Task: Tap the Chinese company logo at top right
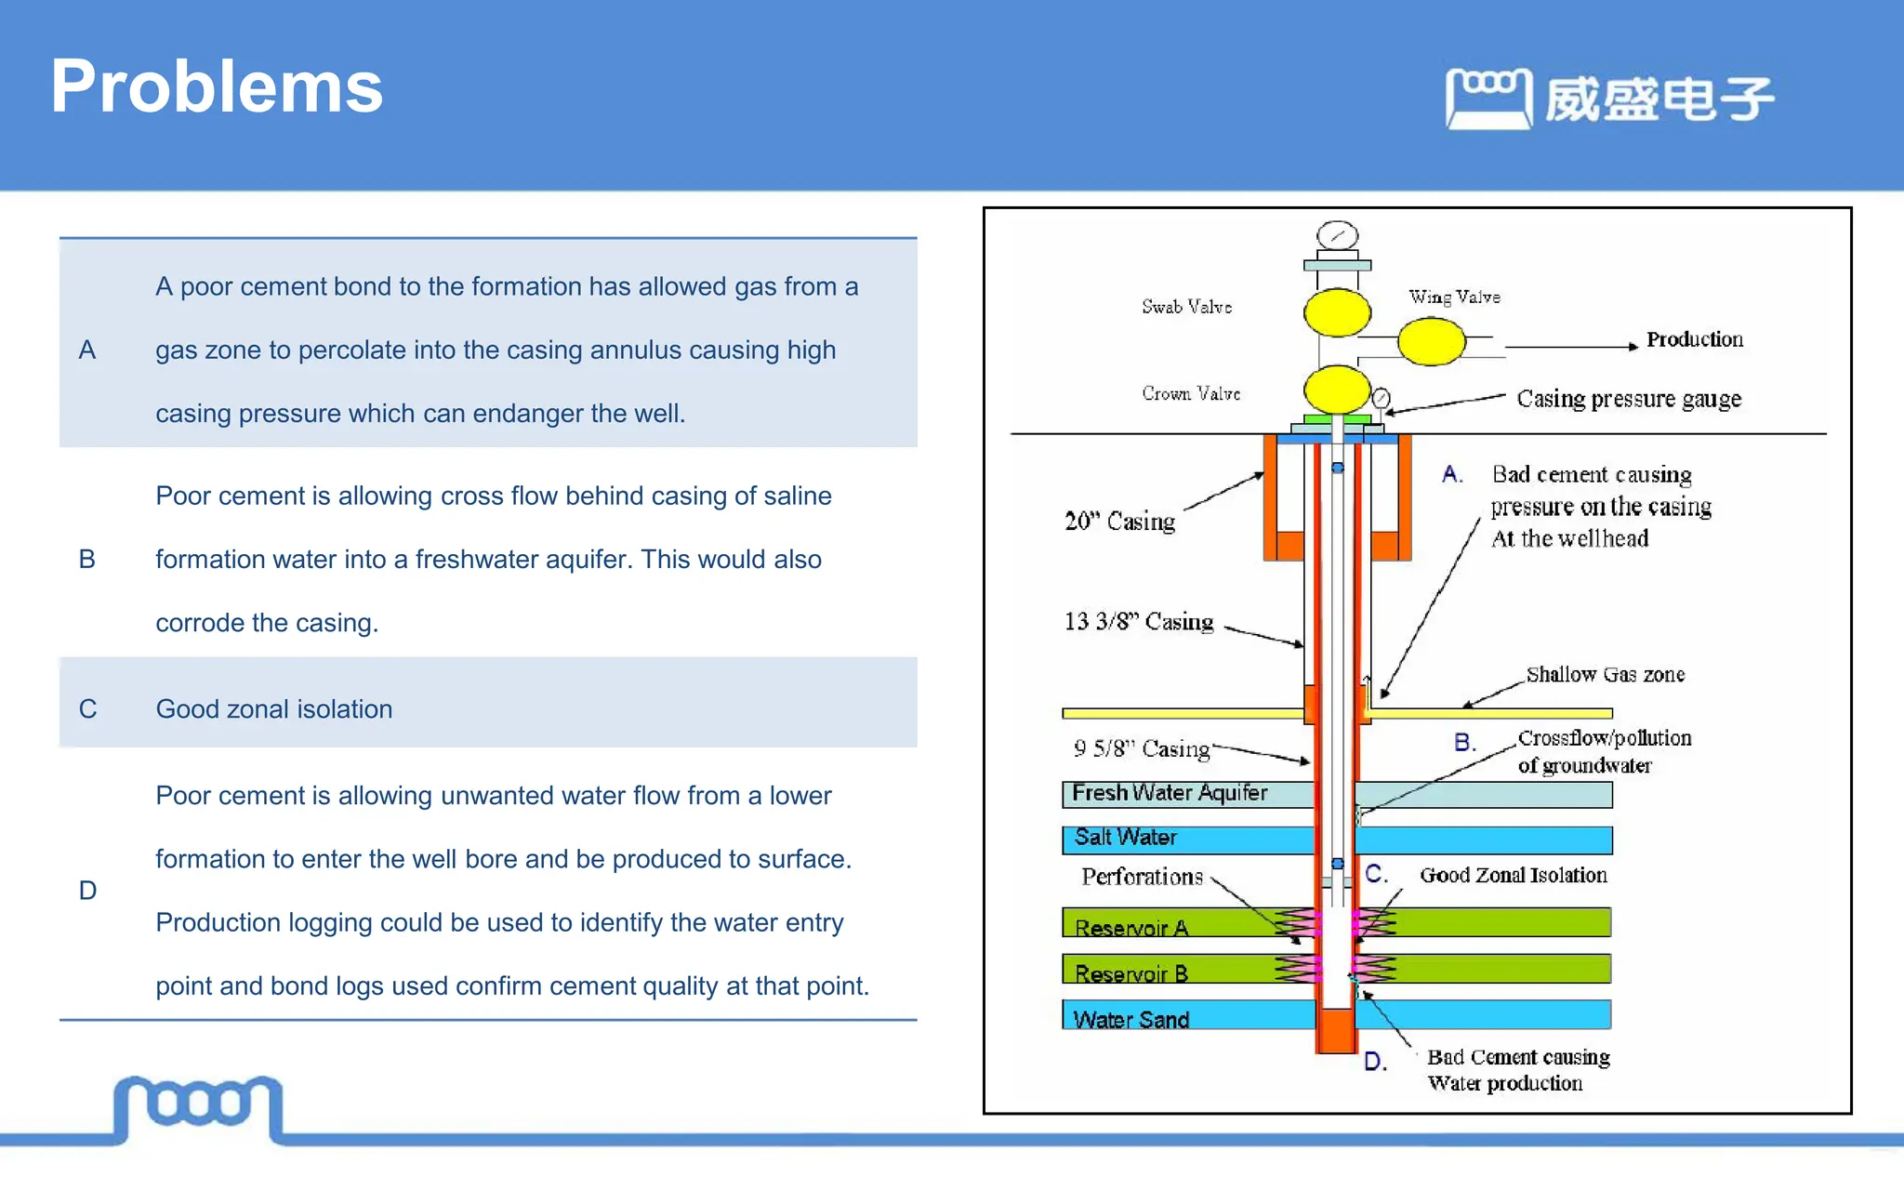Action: pos(1609,99)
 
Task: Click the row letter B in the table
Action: pos(87,559)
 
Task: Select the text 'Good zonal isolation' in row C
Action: pos(273,708)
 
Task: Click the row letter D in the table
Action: pos(87,890)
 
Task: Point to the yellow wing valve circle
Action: pos(1431,341)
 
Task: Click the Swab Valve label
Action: pos(1186,307)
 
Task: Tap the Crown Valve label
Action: pos(1190,393)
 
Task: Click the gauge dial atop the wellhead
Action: pos(1337,235)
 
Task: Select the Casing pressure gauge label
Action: pos(1628,399)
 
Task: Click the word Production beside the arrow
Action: pos(1694,339)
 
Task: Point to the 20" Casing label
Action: pos(1119,521)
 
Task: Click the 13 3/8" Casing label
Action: pos(1138,621)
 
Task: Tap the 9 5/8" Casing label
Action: pos(1141,748)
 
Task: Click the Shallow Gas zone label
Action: pos(1605,674)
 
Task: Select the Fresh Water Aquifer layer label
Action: pos(1169,793)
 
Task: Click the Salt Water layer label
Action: pos(1125,837)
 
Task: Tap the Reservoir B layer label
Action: pos(1130,973)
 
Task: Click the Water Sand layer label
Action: pos(1130,1019)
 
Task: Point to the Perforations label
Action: pos(1142,877)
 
